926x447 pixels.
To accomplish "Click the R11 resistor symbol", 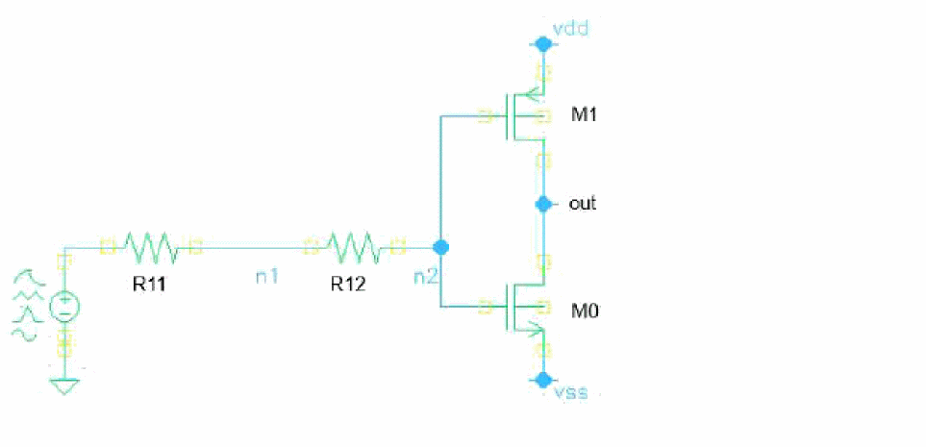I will point(151,248).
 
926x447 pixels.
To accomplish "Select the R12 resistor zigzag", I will point(355,248).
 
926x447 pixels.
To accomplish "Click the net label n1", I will point(266,276).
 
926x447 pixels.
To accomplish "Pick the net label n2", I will point(424,276).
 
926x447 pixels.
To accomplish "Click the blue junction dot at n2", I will point(441,247).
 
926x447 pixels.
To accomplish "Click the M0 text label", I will point(585,310).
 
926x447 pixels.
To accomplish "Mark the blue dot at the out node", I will point(543,204).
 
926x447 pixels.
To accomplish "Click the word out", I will point(583,204).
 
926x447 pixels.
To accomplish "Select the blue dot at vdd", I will point(543,43).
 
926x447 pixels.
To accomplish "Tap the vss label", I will point(572,392).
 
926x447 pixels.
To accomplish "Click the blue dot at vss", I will point(543,379).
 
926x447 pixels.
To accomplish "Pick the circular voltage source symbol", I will point(64,308).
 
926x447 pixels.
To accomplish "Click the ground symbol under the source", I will point(64,386).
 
